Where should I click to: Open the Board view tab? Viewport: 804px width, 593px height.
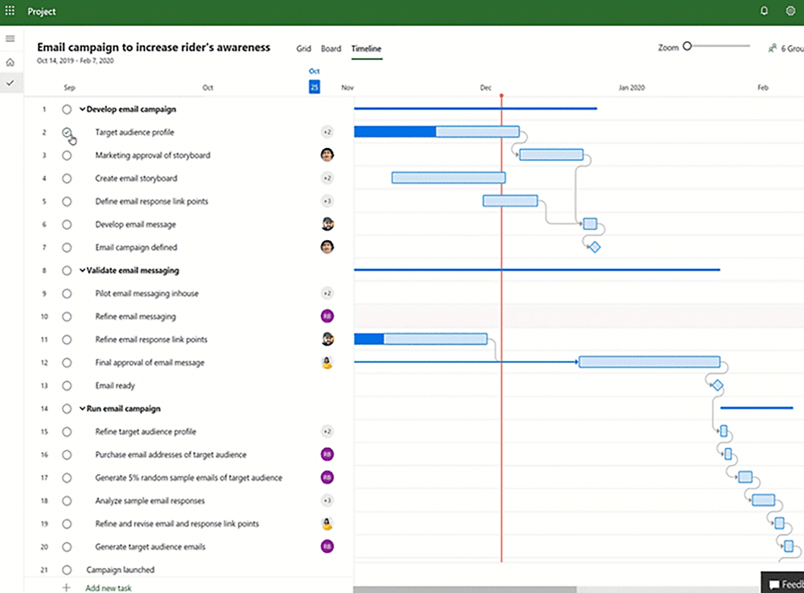pos(331,49)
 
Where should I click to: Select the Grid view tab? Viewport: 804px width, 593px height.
pos(304,49)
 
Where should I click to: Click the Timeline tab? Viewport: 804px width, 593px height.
pos(366,49)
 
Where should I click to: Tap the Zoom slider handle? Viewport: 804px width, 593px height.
pos(688,46)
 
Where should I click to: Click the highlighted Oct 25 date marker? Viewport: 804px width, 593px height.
pos(314,87)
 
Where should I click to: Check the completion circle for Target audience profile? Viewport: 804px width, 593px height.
pos(67,132)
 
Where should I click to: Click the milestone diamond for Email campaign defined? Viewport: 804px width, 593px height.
pos(594,248)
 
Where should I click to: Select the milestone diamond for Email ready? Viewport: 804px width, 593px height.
pos(717,385)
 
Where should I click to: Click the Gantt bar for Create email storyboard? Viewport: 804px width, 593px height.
pos(449,178)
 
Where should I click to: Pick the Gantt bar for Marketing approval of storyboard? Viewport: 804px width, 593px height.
pos(551,154)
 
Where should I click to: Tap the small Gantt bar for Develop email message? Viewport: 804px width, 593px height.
pos(590,224)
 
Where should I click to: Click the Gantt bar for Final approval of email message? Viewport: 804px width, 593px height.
pos(649,362)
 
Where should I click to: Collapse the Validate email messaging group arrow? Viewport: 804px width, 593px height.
pos(82,270)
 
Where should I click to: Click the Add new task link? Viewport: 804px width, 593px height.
pos(109,588)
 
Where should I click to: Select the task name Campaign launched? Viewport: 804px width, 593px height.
pos(121,570)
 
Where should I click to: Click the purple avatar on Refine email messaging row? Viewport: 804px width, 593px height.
pos(327,316)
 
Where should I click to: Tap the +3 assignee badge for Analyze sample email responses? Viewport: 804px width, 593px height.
pos(327,500)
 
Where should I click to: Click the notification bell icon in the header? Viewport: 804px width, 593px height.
pos(764,11)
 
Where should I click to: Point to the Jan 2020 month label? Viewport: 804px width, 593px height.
pos(631,88)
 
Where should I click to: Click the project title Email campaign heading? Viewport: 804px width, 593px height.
pos(154,47)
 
